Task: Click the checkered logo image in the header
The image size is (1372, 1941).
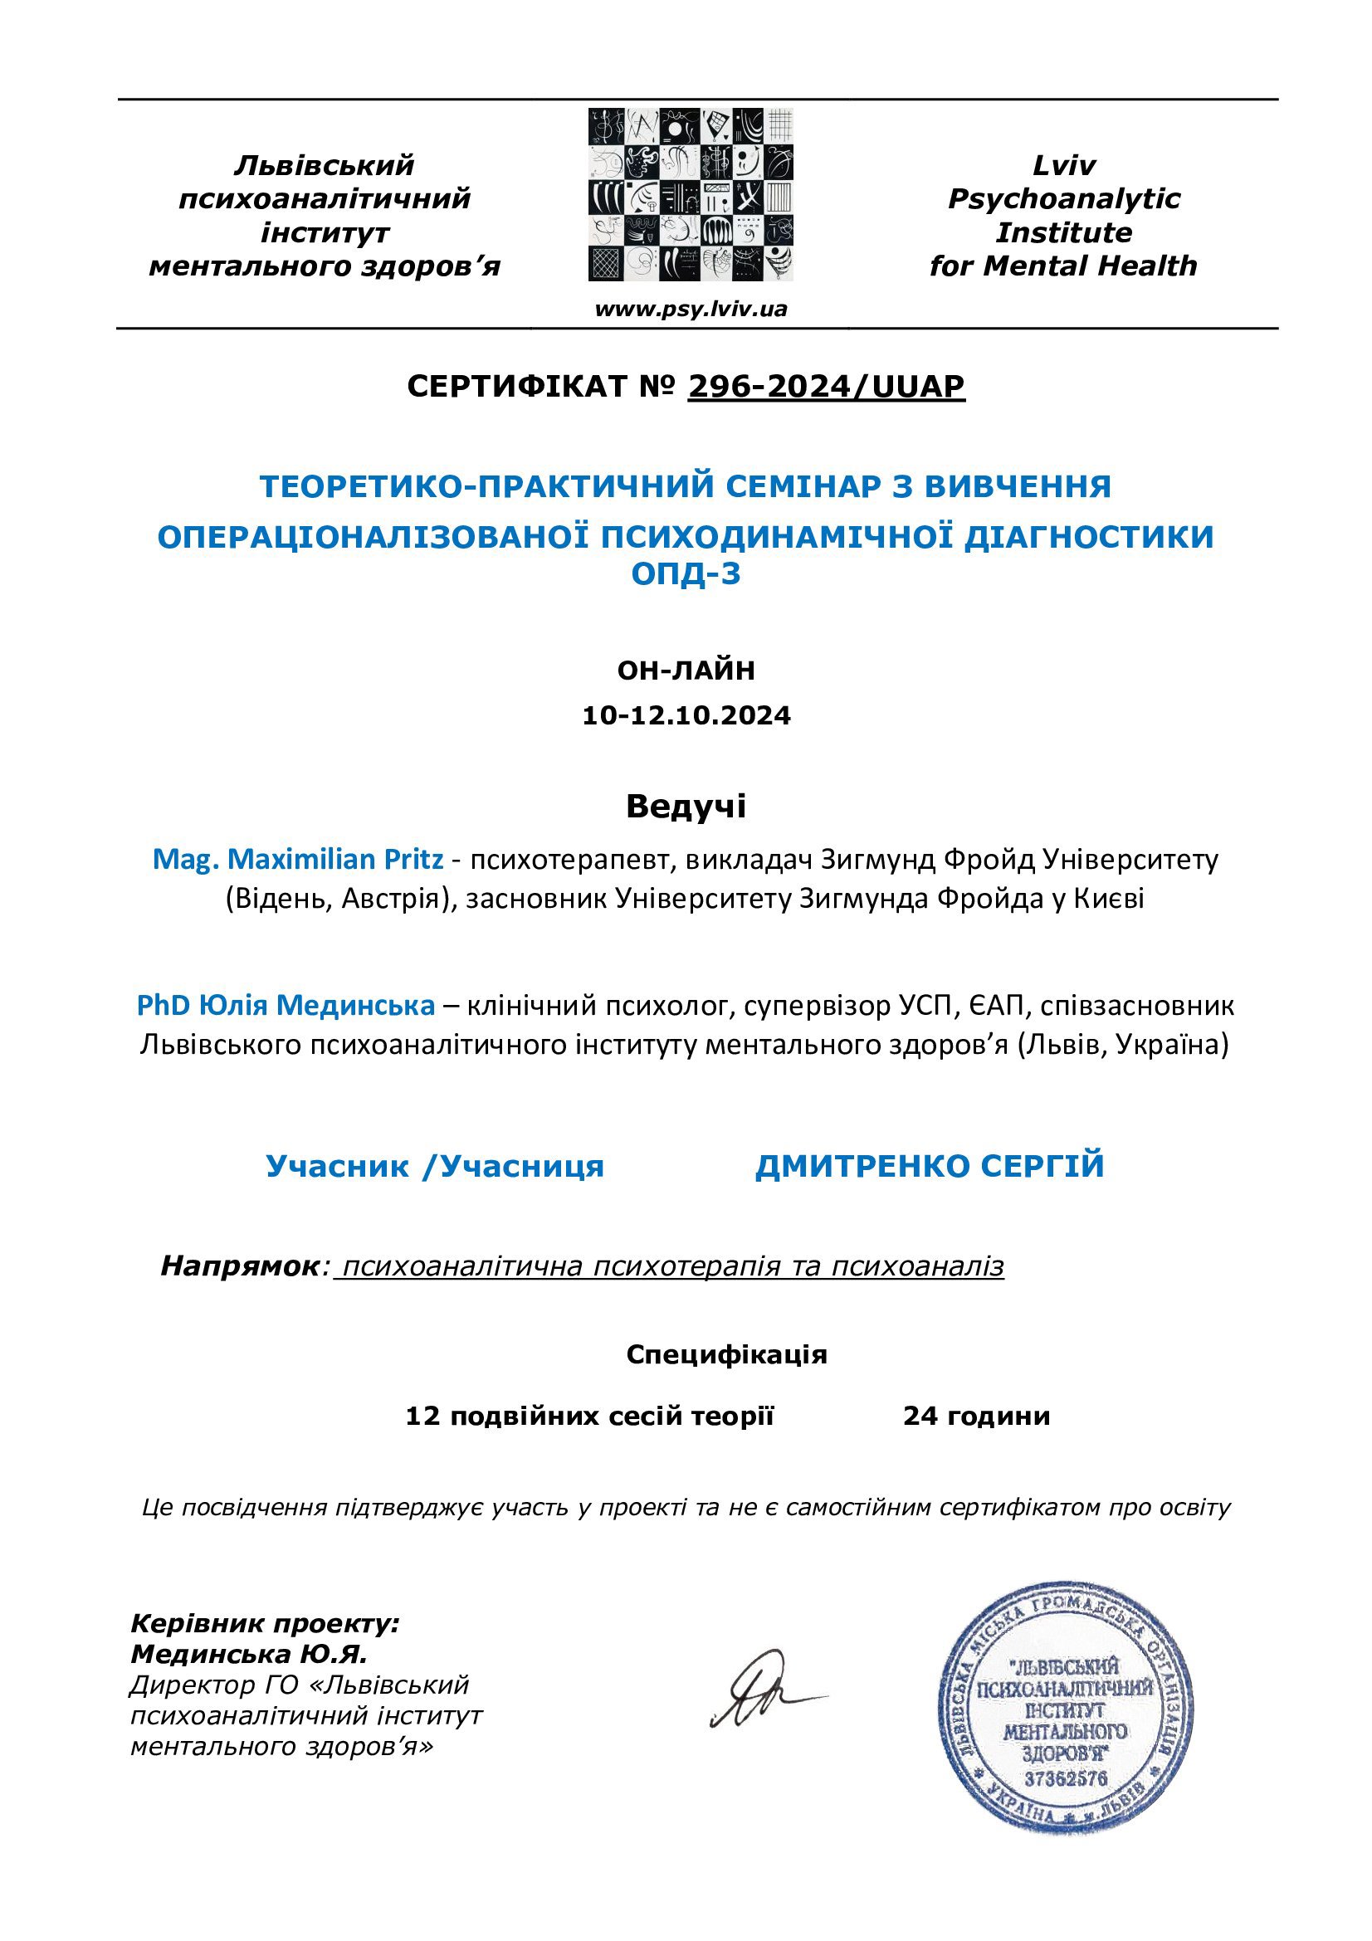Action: (x=691, y=194)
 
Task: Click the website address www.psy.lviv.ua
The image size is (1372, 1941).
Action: (x=691, y=310)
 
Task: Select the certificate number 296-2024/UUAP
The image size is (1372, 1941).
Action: (x=826, y=387)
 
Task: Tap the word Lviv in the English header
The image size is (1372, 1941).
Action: (x=1063, y=166)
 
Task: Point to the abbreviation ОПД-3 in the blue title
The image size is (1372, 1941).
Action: (x=686, y=574)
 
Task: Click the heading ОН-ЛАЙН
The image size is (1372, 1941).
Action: (x=686, y=671)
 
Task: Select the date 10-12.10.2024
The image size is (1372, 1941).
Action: (x=686, y=716)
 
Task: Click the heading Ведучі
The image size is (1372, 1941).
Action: (x=686, y=807)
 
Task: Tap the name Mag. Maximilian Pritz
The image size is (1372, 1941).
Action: (x=298, y=860)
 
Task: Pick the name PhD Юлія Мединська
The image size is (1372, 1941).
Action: (x=286, y=1005)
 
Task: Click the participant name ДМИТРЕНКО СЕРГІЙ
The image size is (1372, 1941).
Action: (x=929, y=1166)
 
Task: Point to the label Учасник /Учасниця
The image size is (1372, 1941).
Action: (x=435, y=1166)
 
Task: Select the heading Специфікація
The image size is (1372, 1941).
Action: (x=726, y=1354)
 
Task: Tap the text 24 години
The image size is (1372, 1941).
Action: (x=975, y=1415)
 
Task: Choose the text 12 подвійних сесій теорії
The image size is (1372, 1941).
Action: (x=589, y=1415)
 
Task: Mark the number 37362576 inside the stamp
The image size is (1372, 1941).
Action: (x=1065, y=1777)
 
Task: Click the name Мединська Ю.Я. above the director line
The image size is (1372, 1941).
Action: (x=247, y=1654)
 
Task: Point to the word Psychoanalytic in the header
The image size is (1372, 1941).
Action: (x=1063, y=198)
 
